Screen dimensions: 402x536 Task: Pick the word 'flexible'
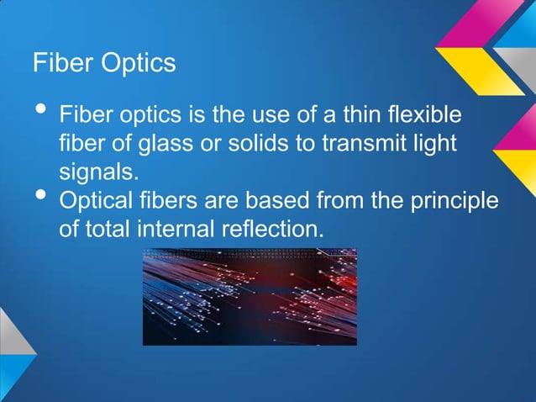(423, 114)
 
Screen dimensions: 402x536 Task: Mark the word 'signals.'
(96, 172)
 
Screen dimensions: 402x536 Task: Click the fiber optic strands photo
(250, 296)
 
